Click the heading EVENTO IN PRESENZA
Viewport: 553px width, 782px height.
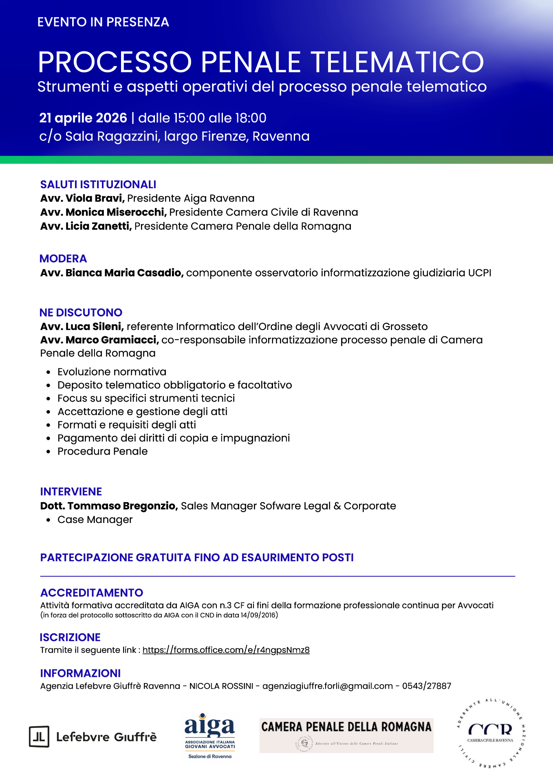[x=103, y=22]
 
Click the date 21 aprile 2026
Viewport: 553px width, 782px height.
[x=83, y=118]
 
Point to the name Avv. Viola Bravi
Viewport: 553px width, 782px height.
[x=82, y=198]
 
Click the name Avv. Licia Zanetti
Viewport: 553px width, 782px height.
[x=86, y=226]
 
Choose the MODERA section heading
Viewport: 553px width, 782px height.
[x=63, y=259]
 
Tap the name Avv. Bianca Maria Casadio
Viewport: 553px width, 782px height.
[x=112, y=273]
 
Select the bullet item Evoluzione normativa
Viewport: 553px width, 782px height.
[x=112, y=372]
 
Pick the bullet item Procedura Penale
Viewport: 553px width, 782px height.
[x=102, y=451]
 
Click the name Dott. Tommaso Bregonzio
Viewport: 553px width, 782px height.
[x=109, y=506]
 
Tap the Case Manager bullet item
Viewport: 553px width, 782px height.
[x=95, y=520]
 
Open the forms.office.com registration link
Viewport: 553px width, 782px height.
[x=226, y=650]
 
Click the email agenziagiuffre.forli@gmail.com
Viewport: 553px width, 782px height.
[x=327, y=686]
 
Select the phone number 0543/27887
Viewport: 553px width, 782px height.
[x=426, y=686]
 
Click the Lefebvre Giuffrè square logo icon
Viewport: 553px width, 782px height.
[x=39, y=736]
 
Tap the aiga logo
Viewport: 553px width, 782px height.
[x=210, y=736]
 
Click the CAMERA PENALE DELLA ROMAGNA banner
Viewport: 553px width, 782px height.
[x=346, y=735]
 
